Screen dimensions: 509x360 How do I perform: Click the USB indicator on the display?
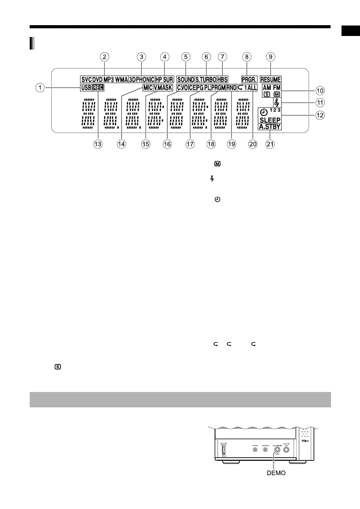(86, 88)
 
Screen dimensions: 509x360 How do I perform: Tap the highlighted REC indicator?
(98, 88)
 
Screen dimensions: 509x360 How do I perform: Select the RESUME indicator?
(270, 80)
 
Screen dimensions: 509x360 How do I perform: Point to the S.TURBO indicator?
(206, 80)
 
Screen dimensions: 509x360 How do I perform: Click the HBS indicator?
(222, 80)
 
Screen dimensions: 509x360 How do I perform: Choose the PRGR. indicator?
(249, 80)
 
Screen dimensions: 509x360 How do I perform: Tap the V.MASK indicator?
(163, 88)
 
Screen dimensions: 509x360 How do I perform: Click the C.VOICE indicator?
(186, 88)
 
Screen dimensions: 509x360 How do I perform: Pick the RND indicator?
(231, 88)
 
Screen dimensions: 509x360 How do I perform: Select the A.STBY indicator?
(270, 127)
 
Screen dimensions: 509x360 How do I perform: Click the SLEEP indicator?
(270, 120)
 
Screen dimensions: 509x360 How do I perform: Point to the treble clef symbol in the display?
(277, 103)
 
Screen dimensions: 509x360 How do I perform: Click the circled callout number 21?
(270, 144)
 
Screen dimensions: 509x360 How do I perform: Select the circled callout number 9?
(270, 57)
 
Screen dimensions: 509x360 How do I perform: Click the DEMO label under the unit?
(276, 473)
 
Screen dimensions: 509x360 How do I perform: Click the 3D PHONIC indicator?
(141, 80)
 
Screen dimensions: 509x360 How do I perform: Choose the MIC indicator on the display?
(148, 88)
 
